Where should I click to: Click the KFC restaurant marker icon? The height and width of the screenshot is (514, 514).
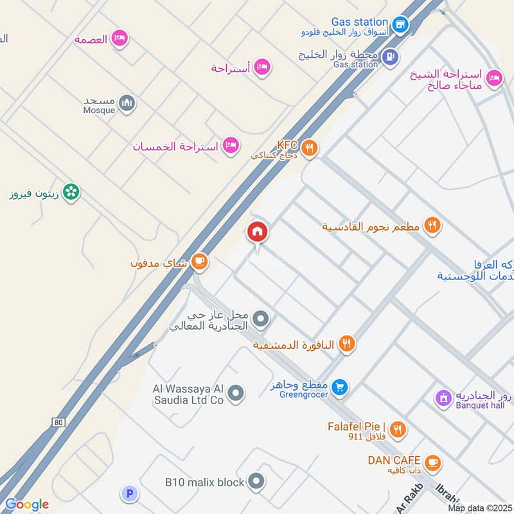coord(310,148)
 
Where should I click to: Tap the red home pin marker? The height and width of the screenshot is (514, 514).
coord(258,232)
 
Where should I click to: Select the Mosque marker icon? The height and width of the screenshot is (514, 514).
coord(128,103)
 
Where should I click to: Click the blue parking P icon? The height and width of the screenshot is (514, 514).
coord(130,493)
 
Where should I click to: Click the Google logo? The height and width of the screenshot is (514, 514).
coord(26,504)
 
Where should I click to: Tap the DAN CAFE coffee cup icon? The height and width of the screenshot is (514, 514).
coord(433,462)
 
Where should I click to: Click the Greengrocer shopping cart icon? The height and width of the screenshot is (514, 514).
coord(341,387)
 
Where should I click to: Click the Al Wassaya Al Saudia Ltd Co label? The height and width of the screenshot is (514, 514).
coord(188,394)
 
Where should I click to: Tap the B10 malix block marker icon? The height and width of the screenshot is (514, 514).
coord(256,481)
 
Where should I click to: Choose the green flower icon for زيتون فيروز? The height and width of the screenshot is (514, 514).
coord(72,191)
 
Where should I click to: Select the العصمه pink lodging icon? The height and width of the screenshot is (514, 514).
coord(120,39)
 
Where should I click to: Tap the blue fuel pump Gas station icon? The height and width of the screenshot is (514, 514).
coord(389,57)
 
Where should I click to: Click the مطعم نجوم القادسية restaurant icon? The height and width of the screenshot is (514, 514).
coord(434,226)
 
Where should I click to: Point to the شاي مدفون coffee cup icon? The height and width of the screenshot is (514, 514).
coord(200,260)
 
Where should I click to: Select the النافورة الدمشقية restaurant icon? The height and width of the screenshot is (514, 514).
coord(347,344)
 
